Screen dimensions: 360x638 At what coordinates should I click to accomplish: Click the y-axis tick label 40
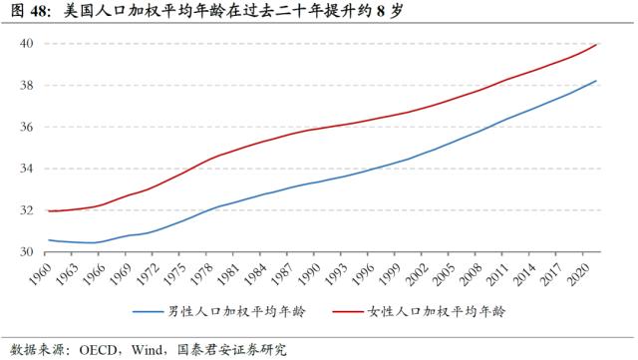click(28, 44)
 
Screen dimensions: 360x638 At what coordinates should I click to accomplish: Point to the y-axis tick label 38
click(28, 86)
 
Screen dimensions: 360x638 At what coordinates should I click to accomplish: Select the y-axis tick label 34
click(28, 169)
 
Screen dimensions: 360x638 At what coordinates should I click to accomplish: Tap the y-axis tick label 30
click(28, 252)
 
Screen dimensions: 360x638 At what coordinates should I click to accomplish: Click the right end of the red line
click(597, 44)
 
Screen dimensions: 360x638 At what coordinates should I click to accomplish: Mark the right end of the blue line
click(597, 82)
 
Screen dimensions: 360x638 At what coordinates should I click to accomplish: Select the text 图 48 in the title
click(25, 12)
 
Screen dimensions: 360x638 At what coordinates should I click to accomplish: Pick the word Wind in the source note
click(147, 349)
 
